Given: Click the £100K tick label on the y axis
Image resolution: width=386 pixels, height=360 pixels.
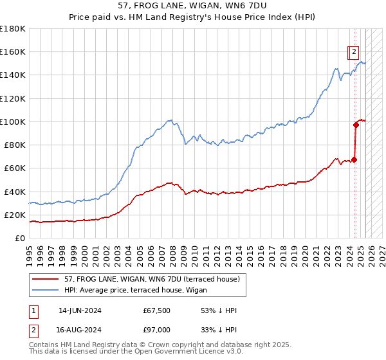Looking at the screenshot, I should [12, 122].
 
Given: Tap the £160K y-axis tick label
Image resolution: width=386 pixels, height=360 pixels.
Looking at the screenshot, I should [12, 51].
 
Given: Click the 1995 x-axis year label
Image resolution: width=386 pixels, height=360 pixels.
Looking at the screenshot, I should [30, 249].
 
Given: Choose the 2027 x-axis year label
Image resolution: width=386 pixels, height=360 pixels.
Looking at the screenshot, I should [380, 249].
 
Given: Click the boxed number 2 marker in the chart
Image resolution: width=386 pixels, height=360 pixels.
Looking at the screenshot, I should [354, 54].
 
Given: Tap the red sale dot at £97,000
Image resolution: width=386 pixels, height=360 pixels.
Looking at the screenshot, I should [355, 125].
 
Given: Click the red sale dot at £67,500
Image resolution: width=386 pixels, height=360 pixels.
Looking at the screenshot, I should [354, 159].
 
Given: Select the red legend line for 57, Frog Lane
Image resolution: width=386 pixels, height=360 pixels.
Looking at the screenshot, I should [46, 278].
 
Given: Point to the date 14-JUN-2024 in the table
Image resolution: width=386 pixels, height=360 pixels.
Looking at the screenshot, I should [80, 310].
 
